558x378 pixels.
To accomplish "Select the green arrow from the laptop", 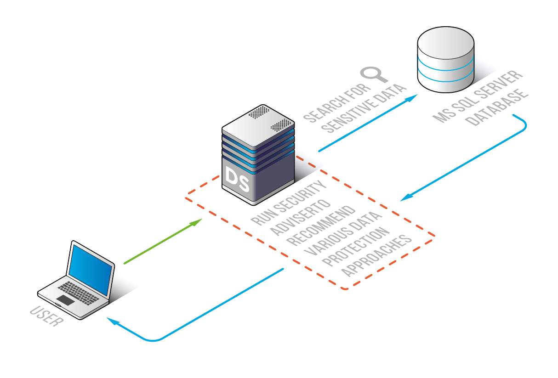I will [163, 241].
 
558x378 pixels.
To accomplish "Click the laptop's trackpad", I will [65, 300].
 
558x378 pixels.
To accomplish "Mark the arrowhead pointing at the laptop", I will [111, 321].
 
